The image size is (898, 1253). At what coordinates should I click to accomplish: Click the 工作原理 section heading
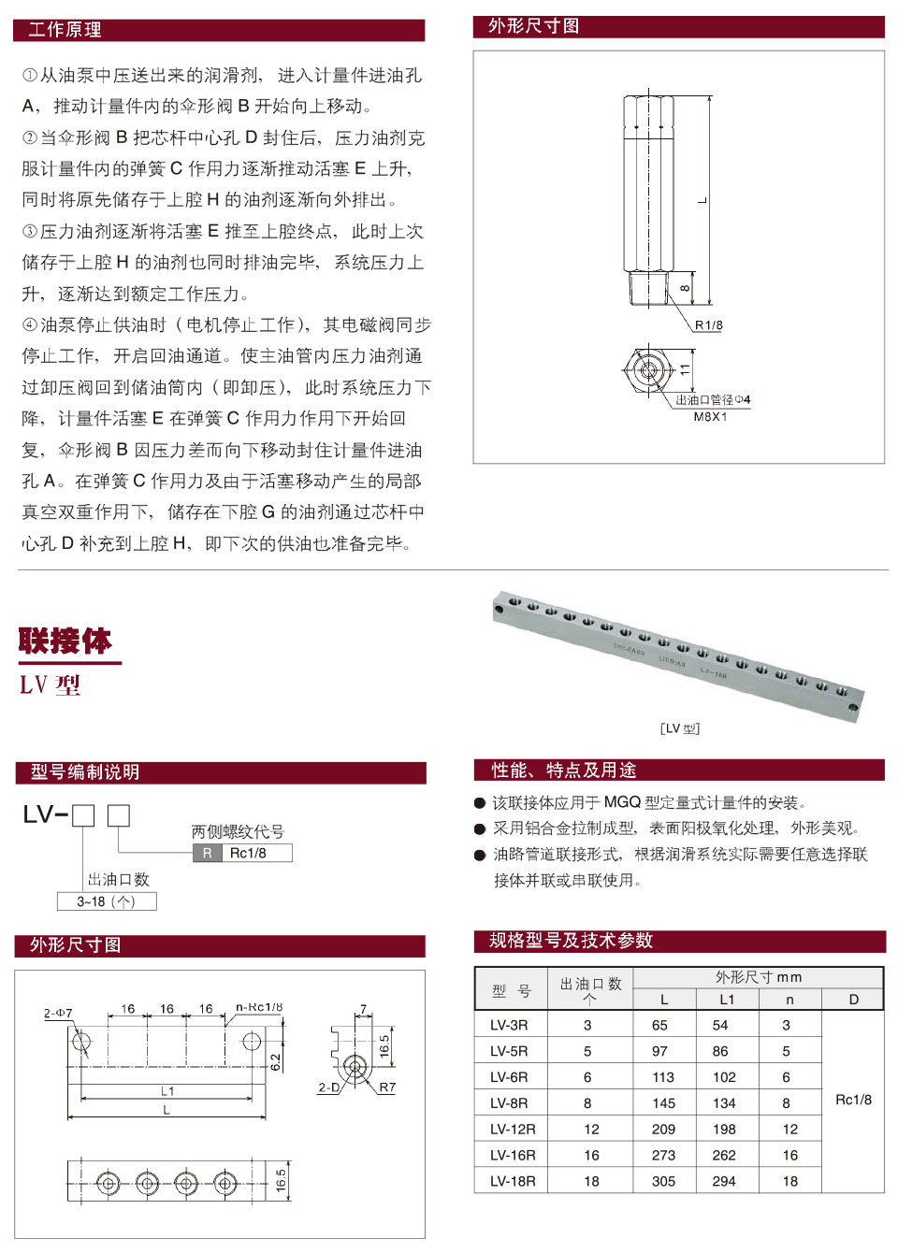coord(65,30)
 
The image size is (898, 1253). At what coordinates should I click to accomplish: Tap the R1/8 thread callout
coord(708,325)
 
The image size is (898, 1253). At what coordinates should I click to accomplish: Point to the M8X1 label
coord(710,417)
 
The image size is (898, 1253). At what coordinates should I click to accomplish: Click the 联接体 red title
coord(65,641)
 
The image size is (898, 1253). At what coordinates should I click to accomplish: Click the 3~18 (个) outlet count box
coord(106,901)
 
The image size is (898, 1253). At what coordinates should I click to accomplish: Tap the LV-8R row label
coord(509,1103)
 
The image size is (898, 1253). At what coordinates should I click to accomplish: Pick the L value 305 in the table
coord(663,1181)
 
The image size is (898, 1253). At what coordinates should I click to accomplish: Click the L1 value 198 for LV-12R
coord(724,1130)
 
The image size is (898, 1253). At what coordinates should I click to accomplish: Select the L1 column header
coord(727,1000)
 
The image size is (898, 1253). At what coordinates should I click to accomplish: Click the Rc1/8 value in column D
coord(853,1100)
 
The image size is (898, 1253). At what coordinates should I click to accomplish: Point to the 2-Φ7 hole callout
coord(58,1013)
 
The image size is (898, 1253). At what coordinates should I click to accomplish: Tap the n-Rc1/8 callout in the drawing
coord(259,1007)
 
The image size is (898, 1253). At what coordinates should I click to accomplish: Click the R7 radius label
coord(387,1087)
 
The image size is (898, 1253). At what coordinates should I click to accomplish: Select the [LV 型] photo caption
coord(680,728)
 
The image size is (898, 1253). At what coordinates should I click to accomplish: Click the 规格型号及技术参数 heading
coord(571,941)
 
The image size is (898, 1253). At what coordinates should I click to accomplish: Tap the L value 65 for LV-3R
coord(660,1025)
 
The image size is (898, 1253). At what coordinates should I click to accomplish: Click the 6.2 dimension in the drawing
coord(275,1062)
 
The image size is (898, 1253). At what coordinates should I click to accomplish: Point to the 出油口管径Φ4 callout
coord(713,400)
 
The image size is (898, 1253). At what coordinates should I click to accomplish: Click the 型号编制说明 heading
coord(85,772)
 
